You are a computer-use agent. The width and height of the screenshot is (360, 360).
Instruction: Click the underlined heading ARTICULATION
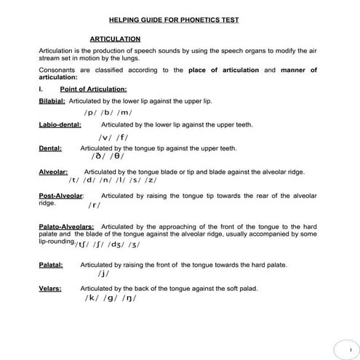[x=115, y=39]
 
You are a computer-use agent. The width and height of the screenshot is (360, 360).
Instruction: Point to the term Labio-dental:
[x=60, y=124]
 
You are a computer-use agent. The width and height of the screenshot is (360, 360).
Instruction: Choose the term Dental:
[x=50, y=148]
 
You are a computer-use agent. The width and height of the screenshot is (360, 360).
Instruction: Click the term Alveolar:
[x=53, y=172]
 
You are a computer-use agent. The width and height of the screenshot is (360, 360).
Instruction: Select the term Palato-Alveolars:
[x=66, y=227]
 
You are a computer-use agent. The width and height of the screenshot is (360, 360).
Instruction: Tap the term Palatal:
[x=51, y=265]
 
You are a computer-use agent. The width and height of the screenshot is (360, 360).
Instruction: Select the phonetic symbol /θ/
[x=117, y=156]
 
